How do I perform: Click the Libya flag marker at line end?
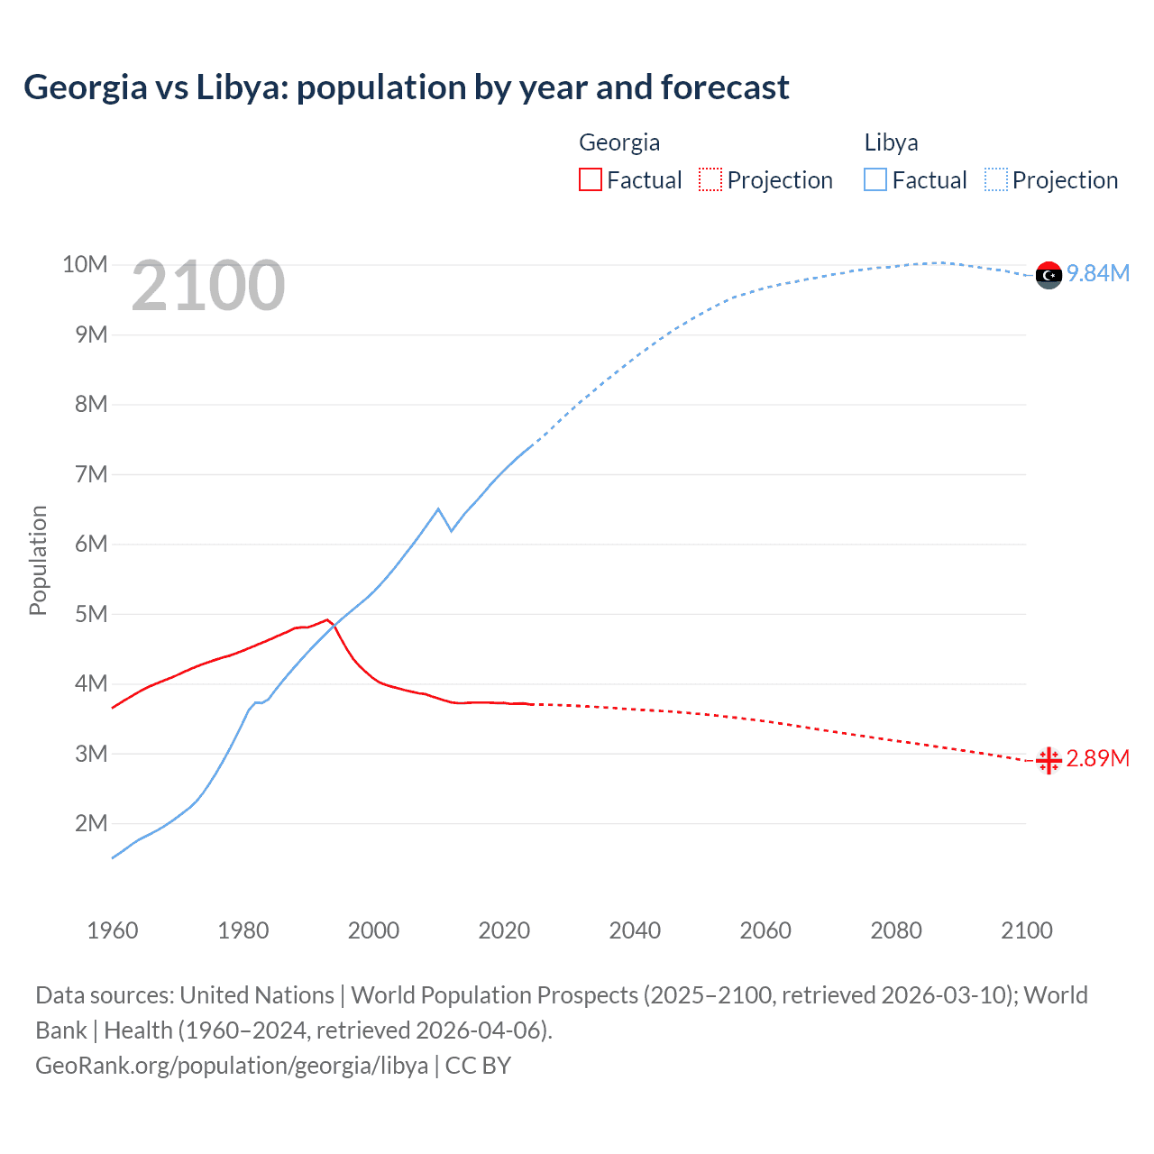(1049, 275)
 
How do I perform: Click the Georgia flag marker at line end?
(1049, 761)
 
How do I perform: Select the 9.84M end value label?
(1098, 273)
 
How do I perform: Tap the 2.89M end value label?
(1098, 758)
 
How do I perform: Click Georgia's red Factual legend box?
(590, 180)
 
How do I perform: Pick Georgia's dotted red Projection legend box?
(710, 180)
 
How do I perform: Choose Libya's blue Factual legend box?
(875, 180)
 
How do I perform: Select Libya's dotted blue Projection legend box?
(995, 180)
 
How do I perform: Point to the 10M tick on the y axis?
(85, 264)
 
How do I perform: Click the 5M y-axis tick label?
(90, 614)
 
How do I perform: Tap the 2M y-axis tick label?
(90, 823)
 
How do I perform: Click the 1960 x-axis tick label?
(113, 930)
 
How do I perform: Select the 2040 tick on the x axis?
(635, 930)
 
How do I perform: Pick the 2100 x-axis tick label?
(1026, 930)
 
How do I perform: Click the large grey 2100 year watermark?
(208, 286)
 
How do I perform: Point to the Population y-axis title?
(38, 560)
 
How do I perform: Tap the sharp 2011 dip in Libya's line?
(451, 531)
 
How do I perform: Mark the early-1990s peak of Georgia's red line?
(328, 619)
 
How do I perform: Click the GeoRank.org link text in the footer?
(232, 1065)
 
